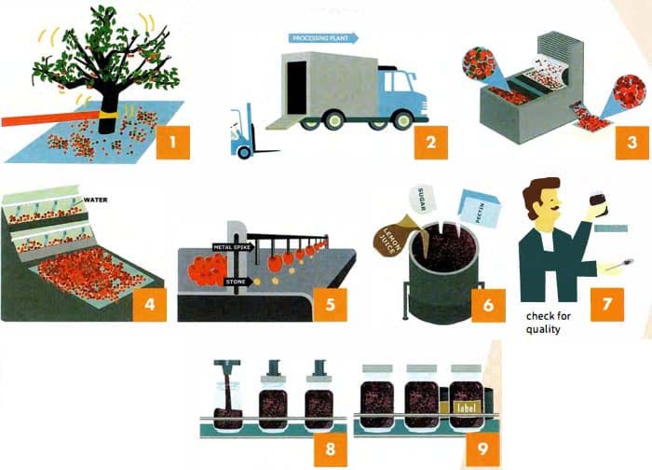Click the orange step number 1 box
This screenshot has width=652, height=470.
click(173, 143)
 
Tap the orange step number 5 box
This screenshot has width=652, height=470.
click(330, 305)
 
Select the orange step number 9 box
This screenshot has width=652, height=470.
click(482, 449)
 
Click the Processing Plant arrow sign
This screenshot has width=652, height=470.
click(323, 38)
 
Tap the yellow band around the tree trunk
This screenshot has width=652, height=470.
click(109, 115)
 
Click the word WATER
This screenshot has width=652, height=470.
click(96, 200)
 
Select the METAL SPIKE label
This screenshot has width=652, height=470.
click(233, 247)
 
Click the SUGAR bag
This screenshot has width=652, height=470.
click(422, 200)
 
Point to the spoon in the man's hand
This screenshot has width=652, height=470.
click(619, 265)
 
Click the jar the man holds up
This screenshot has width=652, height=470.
click(599, 203)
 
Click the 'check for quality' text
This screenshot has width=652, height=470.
click(549, 323)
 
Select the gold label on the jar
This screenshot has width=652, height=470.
click(466, 408)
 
